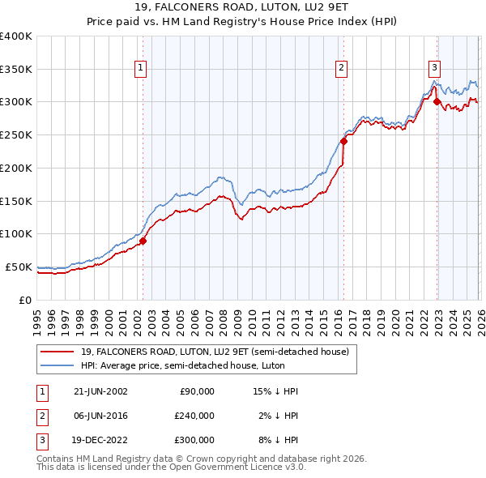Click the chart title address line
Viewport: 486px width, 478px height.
(x=242, y=7)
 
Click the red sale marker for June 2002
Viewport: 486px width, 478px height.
(x=143, y=241)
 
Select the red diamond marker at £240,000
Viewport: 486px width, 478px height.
(x=343, y=141)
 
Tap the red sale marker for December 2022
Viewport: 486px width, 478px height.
(x=437, y=101)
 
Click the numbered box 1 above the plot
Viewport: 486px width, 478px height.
(x=141, y=68)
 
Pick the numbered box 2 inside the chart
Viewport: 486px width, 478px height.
(x=342, y=68)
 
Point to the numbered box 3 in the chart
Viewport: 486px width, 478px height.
(x=435, y=68)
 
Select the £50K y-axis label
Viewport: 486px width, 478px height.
(x=19, y=267)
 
